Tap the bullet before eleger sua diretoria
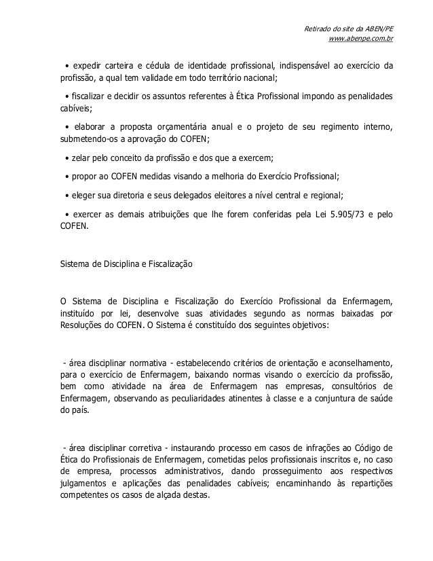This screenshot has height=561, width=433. tap(67, 194)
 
